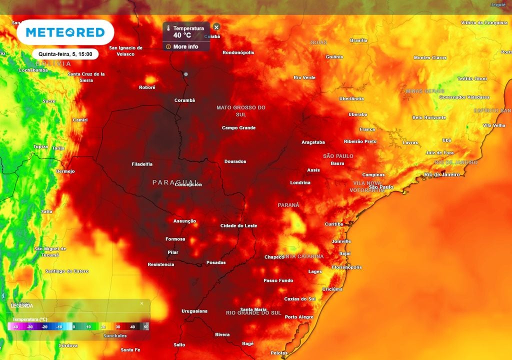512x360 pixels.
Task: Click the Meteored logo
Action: (65, 32)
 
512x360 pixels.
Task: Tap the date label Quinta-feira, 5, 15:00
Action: (65, 54)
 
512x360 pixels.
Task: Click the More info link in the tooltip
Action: (185, 46)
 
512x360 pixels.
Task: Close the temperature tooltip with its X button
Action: (216, 27)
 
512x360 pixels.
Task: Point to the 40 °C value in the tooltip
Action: (182, 35)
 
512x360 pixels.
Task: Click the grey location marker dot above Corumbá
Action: (186, 74)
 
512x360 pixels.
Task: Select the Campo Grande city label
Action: (238, 128)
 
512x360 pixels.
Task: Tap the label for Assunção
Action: (184, 221)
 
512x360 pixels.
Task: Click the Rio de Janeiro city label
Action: (441, 174)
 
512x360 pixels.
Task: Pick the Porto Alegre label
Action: (299, 317)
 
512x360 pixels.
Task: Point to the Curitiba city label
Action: (334, 224)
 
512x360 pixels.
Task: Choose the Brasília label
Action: (358, 40)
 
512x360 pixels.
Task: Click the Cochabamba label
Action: (33, 70)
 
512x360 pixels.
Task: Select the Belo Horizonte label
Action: (429, 117)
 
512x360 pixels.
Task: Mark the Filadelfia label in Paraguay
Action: (142, 164)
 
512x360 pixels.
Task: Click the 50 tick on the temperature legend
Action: (146, 326)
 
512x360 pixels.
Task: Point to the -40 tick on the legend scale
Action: (16, 326)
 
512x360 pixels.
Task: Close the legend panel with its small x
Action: (141, 303)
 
